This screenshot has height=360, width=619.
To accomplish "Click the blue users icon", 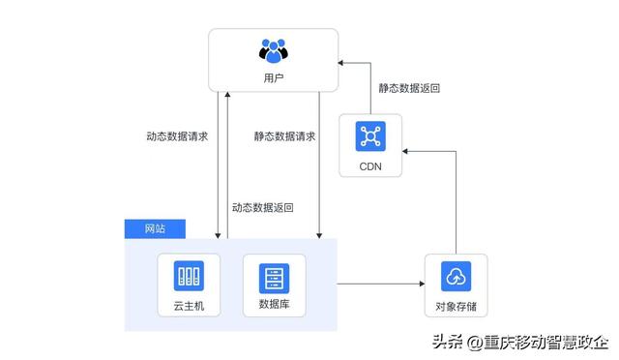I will click(x=274, y=49).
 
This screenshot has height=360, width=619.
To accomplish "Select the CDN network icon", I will click(x=370, y=135).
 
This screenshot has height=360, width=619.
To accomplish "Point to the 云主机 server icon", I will click(x=189, y=277).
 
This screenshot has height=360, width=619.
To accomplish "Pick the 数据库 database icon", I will click(x=274, y=278).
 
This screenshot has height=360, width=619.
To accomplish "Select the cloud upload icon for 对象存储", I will click(x=455, y=277).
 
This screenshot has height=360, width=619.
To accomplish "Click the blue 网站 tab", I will click(x=155, y=228).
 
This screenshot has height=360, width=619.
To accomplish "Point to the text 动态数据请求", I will click(x=177, y=135).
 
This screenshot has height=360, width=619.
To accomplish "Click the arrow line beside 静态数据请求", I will click(x=319, y=165).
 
